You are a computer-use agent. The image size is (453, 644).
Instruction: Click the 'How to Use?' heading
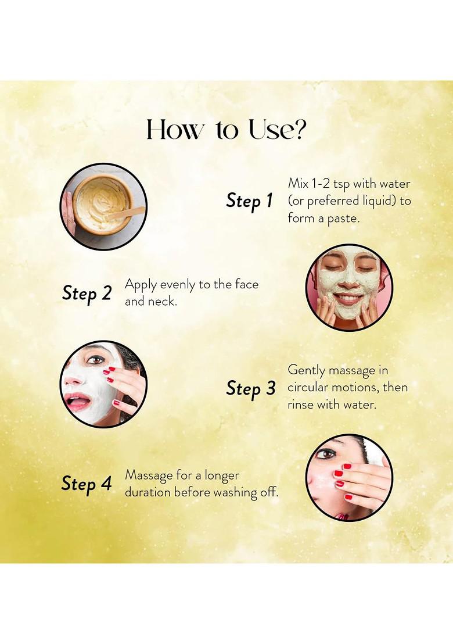(227, 130)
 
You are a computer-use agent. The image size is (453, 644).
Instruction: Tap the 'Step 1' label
(249, 201)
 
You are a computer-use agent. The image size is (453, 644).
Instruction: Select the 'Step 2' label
(87, 294)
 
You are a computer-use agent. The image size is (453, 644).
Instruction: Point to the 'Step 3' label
(251, 389)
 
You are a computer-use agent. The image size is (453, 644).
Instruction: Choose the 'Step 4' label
(87, 484)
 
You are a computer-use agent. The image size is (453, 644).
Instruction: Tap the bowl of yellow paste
(104, 205)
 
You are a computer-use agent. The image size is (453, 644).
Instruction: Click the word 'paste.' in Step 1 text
(343, 219)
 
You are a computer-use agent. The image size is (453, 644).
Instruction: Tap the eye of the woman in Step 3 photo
(96, 360)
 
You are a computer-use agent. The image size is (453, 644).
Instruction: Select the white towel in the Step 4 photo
(375, 450)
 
